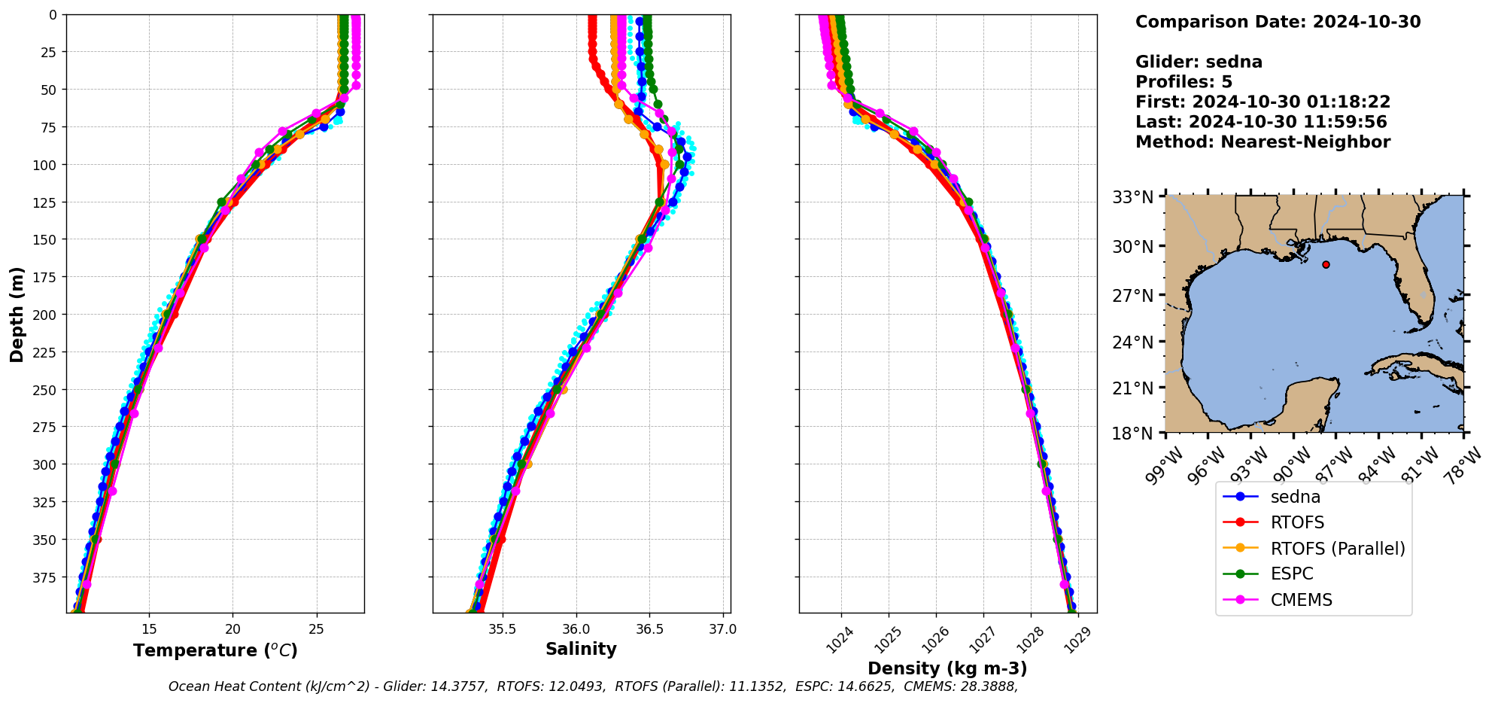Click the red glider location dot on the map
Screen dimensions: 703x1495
coord(1326,264)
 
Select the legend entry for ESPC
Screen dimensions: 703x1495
coord(1291,574)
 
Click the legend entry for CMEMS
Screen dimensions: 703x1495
coord(1301,600)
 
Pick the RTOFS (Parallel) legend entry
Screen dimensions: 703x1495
coord(1337,549)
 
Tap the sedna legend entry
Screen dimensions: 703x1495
coord(1295,497)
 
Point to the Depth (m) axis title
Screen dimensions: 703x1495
coord(17,314)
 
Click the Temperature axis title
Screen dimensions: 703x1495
coord(215,650)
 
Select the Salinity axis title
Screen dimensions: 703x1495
coord(581,649)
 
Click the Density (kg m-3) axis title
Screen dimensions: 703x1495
coord(947,668)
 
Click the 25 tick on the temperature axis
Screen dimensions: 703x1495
coord(317,629)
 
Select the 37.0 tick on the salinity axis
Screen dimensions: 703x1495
coord(723,629)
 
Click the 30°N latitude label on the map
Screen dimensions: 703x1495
coord(1132,247)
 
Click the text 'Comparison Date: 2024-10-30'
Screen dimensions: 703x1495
coord(1278,22)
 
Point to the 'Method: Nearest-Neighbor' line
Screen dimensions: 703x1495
coord(1263,142)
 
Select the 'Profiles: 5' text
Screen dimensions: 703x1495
coord(1184,81)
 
